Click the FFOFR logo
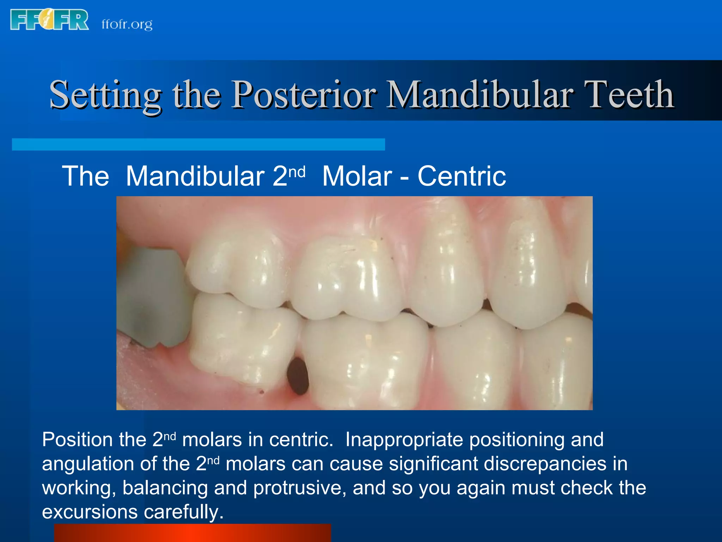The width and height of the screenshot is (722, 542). pos(49,20)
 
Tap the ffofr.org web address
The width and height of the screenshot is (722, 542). pos(127,24)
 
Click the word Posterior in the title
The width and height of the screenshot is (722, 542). pos(304,95)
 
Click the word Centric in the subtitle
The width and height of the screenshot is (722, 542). pos(462,176)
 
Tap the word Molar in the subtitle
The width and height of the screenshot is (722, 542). pos(357,176)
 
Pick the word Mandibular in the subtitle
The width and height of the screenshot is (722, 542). pos(195,176)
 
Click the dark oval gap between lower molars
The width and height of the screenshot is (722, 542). pos(298,376)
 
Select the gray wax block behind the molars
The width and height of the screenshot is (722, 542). pos(152,296)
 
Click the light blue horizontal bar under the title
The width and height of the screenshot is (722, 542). pos(198,144)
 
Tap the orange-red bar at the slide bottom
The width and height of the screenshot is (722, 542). pos(192,533)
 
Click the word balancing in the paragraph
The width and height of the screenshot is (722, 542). pos(165,488)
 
